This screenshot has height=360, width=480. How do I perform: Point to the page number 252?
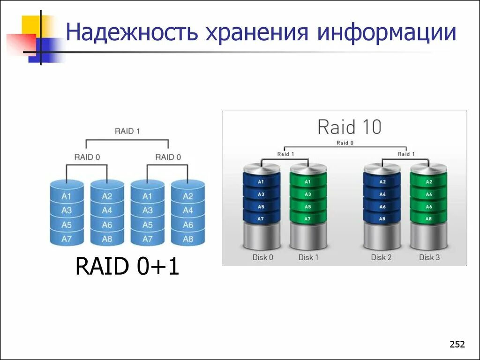coord(457,345)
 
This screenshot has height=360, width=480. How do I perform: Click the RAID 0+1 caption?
coord(127,267)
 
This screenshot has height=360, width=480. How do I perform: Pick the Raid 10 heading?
coord(349,127)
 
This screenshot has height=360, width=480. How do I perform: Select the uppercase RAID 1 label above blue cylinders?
coord(127,131)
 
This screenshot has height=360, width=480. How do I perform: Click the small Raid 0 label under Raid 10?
coord(345,142)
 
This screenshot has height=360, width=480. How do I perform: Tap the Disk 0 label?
coord(262,257)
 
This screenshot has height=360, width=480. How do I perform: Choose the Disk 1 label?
coord(308,257)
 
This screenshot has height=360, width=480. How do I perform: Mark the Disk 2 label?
coord(381,257)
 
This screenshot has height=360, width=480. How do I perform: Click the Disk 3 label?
coord(429,257)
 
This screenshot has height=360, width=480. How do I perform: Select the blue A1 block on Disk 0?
coord(261,182)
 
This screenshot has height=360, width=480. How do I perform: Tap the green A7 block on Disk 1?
coord(308,219)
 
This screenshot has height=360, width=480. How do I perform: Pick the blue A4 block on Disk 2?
coord(382,194)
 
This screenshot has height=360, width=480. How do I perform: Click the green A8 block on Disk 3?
coord(428,219)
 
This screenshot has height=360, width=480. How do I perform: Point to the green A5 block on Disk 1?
coord(308,207)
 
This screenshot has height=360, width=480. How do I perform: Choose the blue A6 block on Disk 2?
coord(382,207)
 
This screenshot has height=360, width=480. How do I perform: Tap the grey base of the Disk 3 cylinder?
coord(428,237)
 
